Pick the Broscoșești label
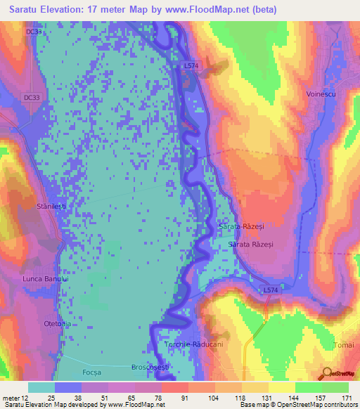tap(150, 368)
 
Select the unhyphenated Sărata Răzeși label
tap(253, 243)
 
